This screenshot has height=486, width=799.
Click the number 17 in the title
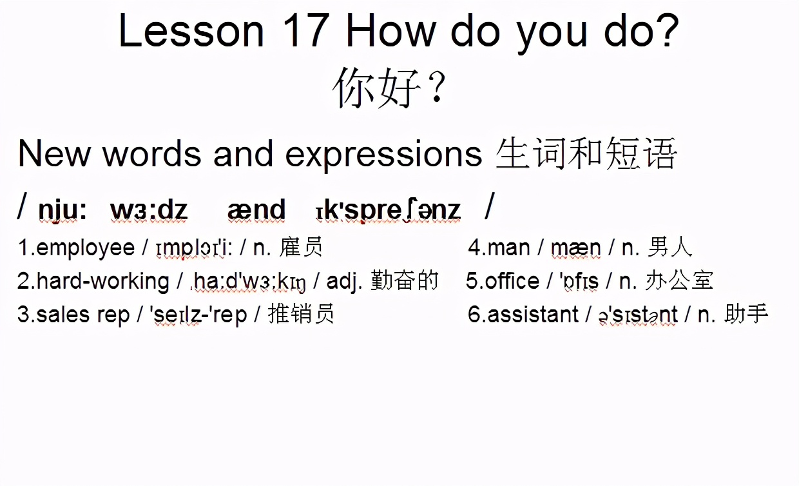pyautogui.click(x=306, y=30)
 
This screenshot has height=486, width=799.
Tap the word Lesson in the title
pyautogui.click(x=191, y=30)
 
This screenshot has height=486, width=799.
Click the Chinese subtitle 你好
pyautogui.click(x=376, y=88)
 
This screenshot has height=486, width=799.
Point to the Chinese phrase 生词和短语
pyautogui.click(x=586, y=153)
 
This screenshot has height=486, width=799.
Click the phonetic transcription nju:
pyautogui.click(x=63, y=210)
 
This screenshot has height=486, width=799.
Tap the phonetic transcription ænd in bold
pyautogui.click(x=256, y=209)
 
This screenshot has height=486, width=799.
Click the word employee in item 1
pyautogui.click(x=86, y=248)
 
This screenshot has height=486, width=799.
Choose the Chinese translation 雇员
pyautogui.click(x=301, y=247)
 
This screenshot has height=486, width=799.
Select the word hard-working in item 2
pyautogui.click(x=102, y=282)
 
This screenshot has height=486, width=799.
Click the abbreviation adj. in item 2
pyautogui.click(x=344, y=282)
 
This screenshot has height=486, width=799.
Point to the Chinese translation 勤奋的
pyautogui.click(x=404, y=280)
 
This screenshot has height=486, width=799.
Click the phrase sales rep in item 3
pyautogui.click(x=82, y=315)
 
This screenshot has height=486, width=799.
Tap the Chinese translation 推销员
pyautogui.click(x=301, y=314)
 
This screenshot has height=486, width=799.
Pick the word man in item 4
pyautogui.click(x=508, y=248)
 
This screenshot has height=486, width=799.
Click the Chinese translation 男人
pyautogui.click(x=670, y=247)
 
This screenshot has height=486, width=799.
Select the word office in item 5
pyautogui.click(x=512, y=281)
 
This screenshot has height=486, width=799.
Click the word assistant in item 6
pyautogui.click(x=533, y=315)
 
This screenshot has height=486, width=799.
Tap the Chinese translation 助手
pyautogui.click(x=746, y=314)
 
